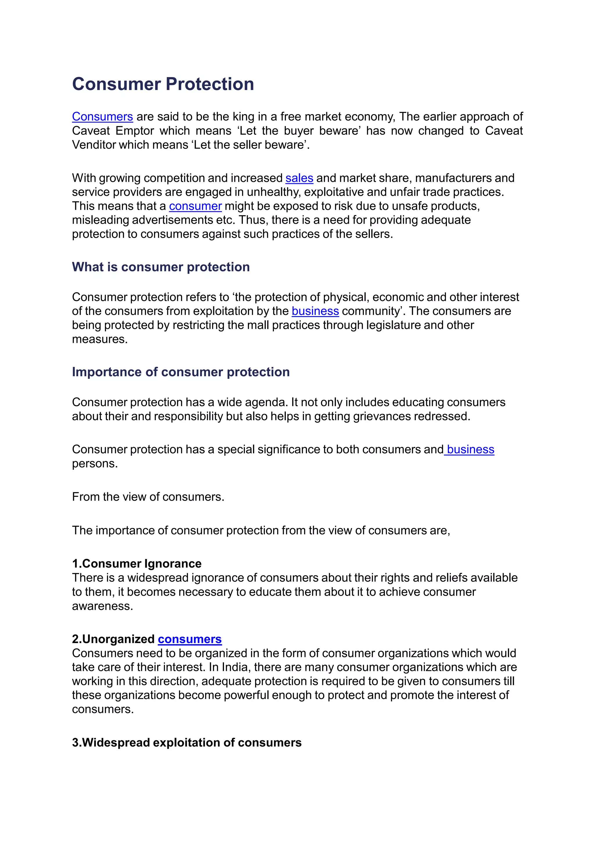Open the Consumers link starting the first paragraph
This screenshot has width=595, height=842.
point(102,117)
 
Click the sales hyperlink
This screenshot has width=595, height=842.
point(299,178)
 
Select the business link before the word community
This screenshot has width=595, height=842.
point(315,311)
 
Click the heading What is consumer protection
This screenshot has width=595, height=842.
point(161,267)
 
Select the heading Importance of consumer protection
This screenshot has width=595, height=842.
point(181,372)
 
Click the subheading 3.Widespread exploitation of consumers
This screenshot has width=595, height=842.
point(187,743)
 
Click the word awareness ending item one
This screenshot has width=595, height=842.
point(102,606)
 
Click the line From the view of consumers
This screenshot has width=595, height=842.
point(148,497)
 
